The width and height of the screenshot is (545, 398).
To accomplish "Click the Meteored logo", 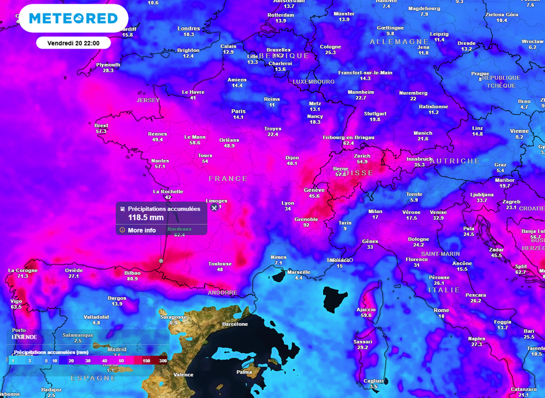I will click(x=73, y=19).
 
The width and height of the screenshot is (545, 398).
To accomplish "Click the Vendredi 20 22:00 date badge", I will click(x=73, y=43).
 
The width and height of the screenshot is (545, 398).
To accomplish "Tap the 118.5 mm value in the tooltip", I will click(x=145, y=217).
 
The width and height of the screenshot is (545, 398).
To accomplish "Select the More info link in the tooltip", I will click(x=142, y=230).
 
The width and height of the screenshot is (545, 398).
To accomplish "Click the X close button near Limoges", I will click(x=214, y=207).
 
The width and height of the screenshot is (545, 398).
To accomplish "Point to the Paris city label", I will click(x=238, y=111).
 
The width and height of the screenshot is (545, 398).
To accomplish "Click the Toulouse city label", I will click(x=220, y=264).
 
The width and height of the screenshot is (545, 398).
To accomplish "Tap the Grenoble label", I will click(x=306, y=219).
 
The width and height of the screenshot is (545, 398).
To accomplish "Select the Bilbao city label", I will click(x=132, y=272).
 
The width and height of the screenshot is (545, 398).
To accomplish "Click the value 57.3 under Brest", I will click(x=101, y=131).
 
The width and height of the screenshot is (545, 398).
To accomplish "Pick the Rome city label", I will click(x=441, y=310).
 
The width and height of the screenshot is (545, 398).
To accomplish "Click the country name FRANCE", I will click(x=228, y=178).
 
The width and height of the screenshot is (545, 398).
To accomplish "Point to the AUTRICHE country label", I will click(x=455, y=161).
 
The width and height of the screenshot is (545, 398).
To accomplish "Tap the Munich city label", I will click(x=423, y=133).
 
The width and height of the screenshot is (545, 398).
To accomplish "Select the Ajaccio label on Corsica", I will click(x=366, y=310).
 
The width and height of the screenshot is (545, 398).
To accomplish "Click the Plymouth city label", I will click(x=108, y=65).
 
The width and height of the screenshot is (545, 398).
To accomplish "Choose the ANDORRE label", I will click(x=222, y=293).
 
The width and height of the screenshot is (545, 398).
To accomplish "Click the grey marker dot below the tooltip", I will click(x=161, y=261).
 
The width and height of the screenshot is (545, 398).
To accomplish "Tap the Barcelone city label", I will click(x=235, y=324).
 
